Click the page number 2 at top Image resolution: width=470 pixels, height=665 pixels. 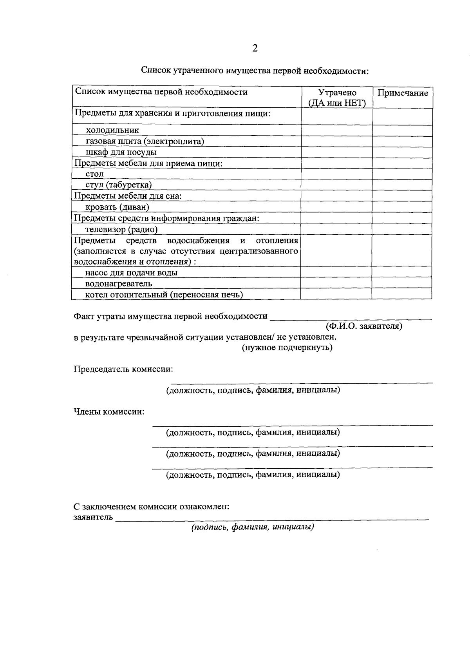click(x=255, y=48)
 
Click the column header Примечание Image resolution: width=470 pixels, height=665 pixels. click(x=403, y=93)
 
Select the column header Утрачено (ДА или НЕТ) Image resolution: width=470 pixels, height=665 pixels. click(x=337, y=98)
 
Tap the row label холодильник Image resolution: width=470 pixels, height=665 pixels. click(x=112, y=130)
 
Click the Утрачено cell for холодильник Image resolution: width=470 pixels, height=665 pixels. click(x=337, y=130)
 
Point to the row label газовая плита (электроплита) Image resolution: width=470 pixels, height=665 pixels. click(x=145, y=141)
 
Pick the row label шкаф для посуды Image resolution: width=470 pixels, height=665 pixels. click(x=121, y=152)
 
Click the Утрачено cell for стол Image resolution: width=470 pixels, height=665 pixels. click(x=337, y=174)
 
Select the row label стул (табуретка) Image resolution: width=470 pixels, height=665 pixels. click(x=119, y=185)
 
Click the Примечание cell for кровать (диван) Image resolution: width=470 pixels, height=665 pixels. click(x=402, y=207)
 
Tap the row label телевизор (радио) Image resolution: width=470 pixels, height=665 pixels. click(x=121, y=229)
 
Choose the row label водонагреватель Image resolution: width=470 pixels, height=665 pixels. click(x=119, y=283)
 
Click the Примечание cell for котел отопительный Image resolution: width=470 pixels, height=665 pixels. click(x=402, y=294)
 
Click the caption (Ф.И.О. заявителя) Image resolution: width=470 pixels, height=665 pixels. click(x=364, y=326)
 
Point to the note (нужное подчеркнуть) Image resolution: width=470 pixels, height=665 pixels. click(x=287, y=348)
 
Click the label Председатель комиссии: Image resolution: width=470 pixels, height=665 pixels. click(x=124, y=369)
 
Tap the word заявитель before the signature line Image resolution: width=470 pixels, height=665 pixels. click(x=93, y=517)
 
